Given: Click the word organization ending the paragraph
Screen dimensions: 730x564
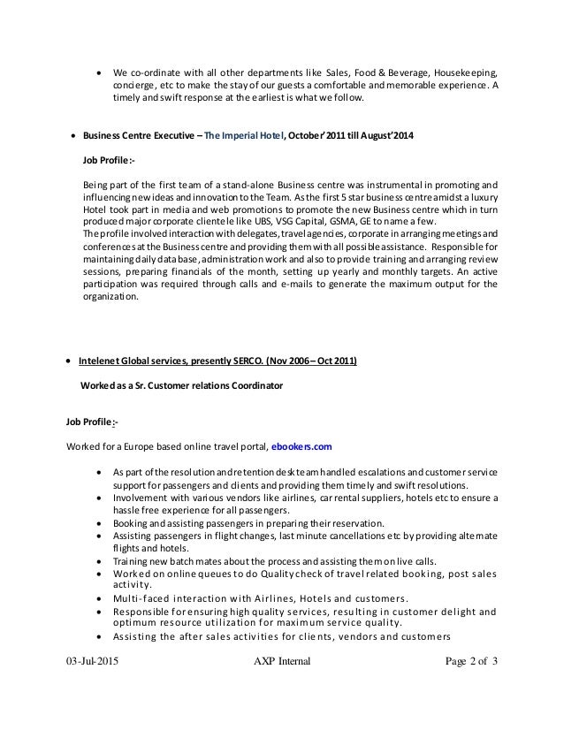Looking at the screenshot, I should (109, 298).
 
